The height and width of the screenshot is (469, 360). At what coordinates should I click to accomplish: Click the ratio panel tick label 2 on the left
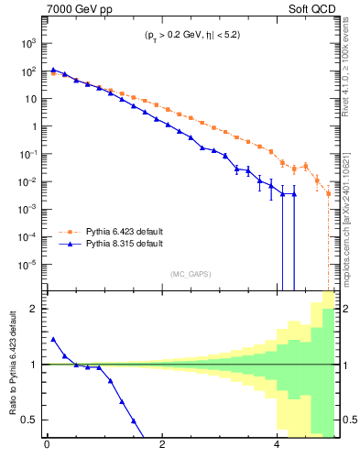pos(35,309)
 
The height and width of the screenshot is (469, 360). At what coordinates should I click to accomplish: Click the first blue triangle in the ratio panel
pos(53,339)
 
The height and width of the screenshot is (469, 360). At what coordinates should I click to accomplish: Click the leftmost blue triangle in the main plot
pos(53,69)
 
